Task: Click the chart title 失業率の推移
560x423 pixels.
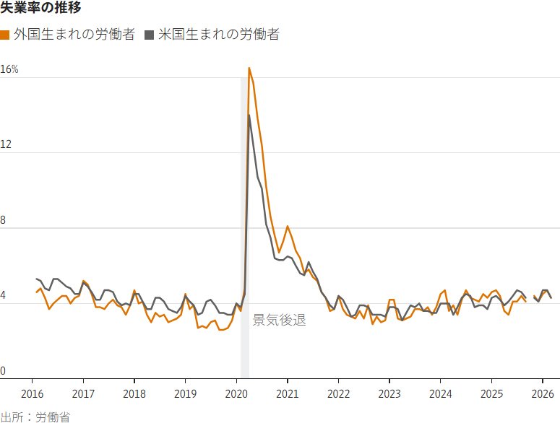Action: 40,9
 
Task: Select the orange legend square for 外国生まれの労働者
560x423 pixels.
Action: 4,35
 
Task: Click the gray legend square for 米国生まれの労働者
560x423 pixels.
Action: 150,35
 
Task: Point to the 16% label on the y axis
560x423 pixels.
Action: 9,70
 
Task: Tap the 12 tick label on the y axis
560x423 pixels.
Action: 7,145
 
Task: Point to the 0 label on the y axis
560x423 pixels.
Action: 4,371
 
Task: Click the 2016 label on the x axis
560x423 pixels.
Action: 33,393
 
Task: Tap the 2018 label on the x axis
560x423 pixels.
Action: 134,393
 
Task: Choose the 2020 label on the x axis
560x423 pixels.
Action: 236,393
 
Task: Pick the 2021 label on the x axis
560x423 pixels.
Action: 288,393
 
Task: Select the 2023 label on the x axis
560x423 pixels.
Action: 389,393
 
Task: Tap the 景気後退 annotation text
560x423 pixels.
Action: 279,320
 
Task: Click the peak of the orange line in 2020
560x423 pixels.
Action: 249,68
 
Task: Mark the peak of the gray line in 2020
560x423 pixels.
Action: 249,115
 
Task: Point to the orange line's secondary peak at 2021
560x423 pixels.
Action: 288,226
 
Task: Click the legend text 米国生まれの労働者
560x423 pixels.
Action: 219,35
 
